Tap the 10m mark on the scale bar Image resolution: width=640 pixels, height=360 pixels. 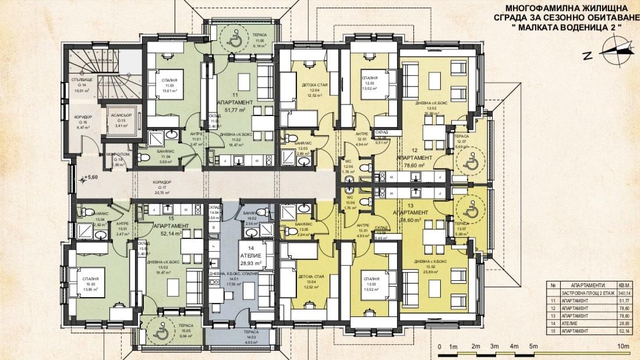point(624,347)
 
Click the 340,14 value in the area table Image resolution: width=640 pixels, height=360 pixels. point(624,294)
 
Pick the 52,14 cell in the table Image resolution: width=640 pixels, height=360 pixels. point(624,330)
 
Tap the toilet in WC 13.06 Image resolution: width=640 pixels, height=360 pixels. point(364,201)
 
